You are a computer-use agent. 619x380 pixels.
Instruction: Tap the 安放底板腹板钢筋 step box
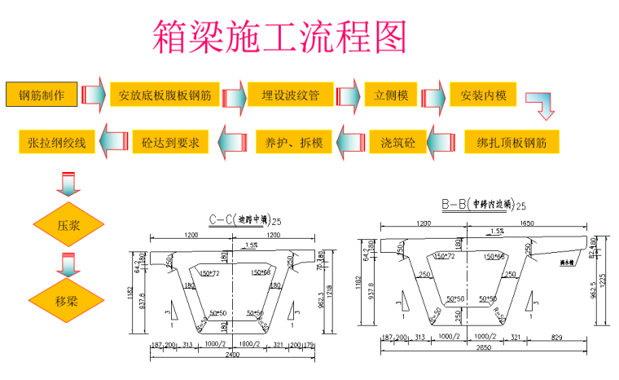(x=165, y=95)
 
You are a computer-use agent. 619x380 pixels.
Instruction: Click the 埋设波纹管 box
(x=290, y=95)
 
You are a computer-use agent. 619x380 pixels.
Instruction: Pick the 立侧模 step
(x=391, y=95)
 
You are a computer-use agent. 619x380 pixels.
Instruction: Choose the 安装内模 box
(x=483, y=95)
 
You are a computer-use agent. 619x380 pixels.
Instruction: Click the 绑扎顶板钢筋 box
(x=511, y=143)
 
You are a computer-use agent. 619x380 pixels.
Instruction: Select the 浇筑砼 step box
(x=397, y=143)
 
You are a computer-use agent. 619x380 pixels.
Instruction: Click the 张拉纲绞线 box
(x=56, y=143)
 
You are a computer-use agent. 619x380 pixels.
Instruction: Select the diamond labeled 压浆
(x=68, y=223)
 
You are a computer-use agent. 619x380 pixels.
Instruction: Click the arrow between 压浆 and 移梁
(x=68, y=262)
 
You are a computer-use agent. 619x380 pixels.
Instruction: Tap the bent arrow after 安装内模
(x=540, y=104)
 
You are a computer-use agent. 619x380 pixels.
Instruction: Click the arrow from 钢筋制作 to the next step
(x=94, y=95)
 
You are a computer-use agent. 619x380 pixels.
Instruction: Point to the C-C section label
(x=244, y=219)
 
